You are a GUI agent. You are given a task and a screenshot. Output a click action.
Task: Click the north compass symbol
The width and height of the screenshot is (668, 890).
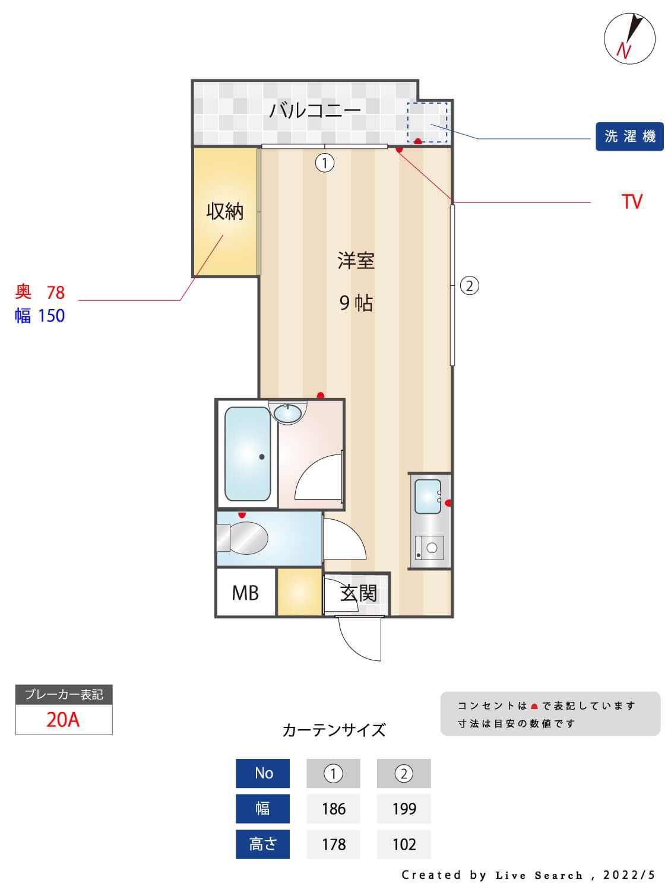click(629, 38)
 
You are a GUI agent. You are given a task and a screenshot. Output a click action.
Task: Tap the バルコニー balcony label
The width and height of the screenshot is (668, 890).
click(315, 110)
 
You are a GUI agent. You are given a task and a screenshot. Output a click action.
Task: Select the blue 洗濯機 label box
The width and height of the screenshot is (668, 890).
click(629, 136)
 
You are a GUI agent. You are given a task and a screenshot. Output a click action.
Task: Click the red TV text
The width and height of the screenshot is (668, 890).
click(632, 202)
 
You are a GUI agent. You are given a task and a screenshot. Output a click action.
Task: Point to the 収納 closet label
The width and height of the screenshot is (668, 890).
click(224, 211)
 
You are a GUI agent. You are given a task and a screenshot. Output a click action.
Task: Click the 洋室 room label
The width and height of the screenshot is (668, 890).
click(356, 261)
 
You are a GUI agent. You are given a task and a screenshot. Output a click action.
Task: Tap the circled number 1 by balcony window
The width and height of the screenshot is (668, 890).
click(325, 163)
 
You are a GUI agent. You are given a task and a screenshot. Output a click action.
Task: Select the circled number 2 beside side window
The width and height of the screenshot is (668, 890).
click(469, 286)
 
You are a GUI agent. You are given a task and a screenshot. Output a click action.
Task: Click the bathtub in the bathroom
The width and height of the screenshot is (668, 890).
click(248, 454)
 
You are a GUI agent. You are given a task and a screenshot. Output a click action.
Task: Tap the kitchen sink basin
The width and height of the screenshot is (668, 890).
click(427, 497)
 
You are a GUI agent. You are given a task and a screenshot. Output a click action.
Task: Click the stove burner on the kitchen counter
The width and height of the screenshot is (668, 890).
click(432, 548)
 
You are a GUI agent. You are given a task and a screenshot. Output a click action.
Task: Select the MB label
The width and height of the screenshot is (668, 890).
click(245, 593)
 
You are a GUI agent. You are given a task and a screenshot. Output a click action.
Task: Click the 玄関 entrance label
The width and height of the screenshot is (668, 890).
click(358, 593)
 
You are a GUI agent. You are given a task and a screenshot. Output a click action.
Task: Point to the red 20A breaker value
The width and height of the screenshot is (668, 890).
click(63, 719)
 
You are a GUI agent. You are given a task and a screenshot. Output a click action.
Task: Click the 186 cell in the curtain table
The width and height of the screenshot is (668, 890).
click(333, 809)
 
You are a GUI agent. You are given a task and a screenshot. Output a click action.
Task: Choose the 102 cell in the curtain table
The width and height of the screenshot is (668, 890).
click(404, 844)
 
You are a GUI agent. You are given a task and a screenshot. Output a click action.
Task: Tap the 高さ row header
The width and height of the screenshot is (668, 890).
click(262, 844)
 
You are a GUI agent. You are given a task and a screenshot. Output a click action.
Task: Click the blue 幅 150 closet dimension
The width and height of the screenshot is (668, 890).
click(40, 316)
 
